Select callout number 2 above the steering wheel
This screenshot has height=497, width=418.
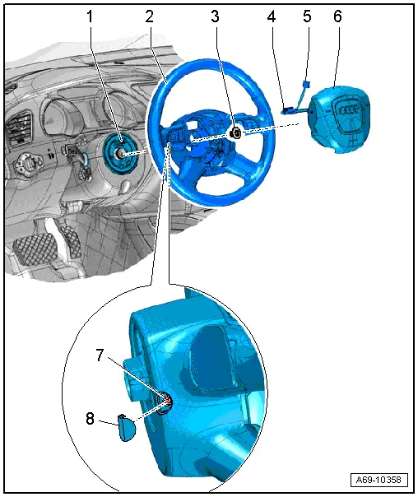click(x=149, y=16)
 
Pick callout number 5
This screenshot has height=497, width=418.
click(x=308, y=16)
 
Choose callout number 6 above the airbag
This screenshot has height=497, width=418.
click(x=337, y=16)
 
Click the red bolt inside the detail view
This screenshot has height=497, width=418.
click(x=165, y=401)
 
